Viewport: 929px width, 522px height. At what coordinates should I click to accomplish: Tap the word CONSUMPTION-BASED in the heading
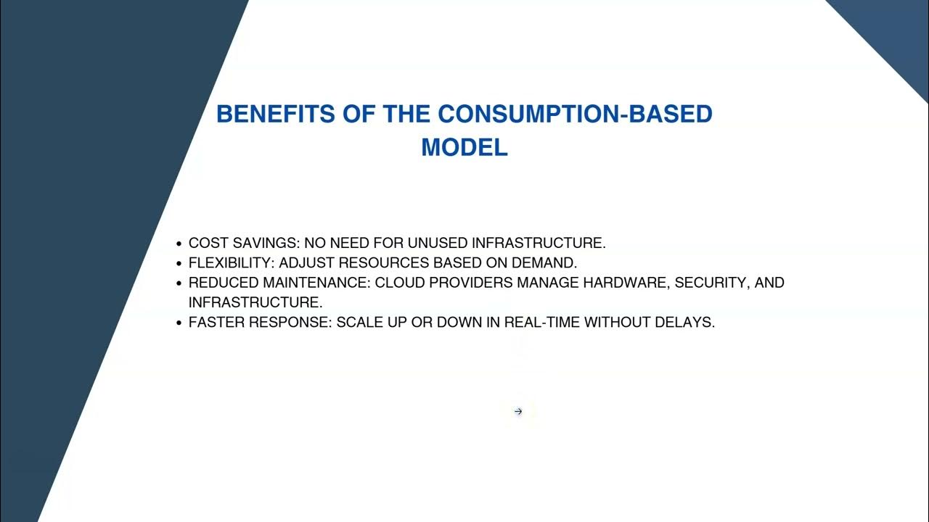point(575,114)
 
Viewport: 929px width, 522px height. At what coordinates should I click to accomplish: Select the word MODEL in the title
point(464,147)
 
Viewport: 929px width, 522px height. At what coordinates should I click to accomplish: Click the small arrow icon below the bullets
point(518,412)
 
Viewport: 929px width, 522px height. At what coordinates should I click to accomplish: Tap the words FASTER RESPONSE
point(259,323)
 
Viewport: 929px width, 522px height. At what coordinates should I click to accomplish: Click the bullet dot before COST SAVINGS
point(179,244)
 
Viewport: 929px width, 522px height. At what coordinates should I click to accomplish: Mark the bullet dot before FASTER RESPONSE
point(179,323)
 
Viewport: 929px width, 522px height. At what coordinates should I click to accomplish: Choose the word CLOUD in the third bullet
point(399,283)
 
